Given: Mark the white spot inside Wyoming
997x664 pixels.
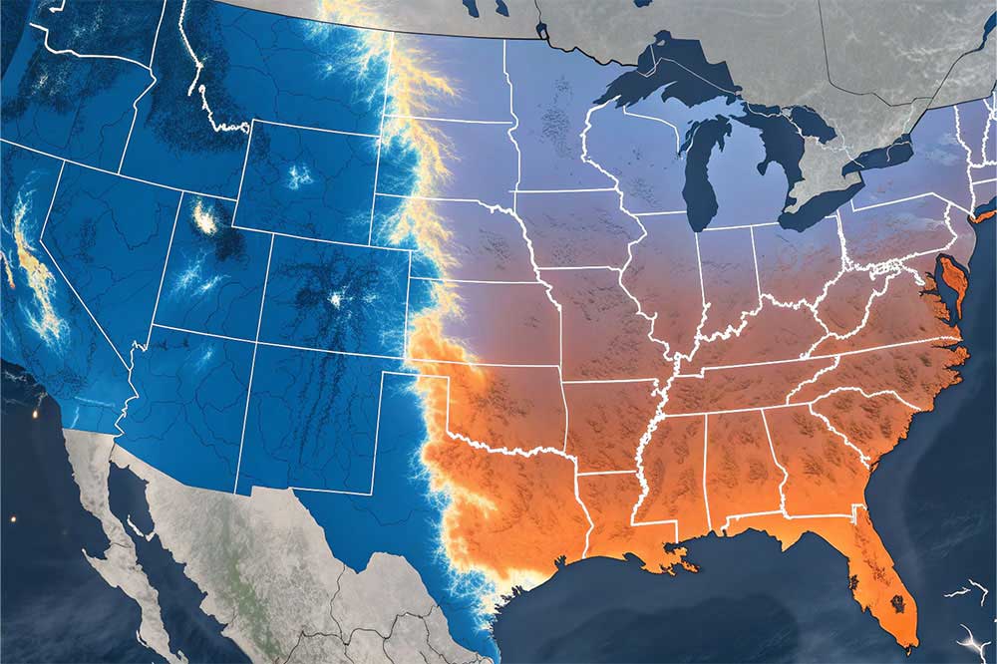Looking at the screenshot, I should pyautogui.click(x=298, y=177).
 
